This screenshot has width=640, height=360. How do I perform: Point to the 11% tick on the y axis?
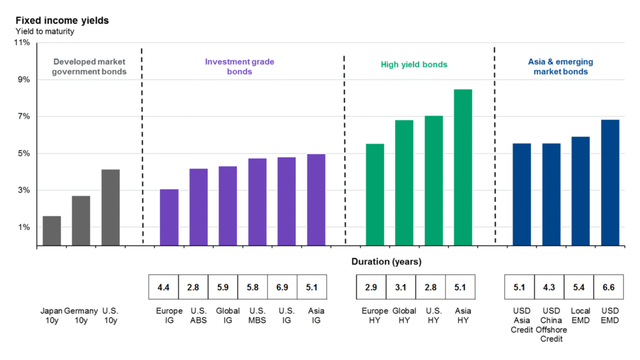click(21, 43)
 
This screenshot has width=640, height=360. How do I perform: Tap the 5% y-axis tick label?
click(23, 154)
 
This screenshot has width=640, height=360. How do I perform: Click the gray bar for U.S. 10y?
click(111, 207)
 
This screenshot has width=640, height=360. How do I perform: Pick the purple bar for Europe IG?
click(169, 217)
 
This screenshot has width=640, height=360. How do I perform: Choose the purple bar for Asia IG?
click(316, 199)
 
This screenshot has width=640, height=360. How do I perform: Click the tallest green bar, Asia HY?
click(463, 167)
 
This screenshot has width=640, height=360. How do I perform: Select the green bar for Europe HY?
click(375, 194)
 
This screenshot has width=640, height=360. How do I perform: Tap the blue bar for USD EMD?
click(610, 182)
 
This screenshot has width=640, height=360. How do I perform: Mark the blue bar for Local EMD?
click(581, 191)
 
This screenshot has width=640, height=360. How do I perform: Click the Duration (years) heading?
click(386, 262)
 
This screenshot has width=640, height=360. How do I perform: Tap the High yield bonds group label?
click(414, 64)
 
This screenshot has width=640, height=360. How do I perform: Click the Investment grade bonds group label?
click(239, 67)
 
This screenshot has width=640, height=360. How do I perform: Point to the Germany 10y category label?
click(81, 316)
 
